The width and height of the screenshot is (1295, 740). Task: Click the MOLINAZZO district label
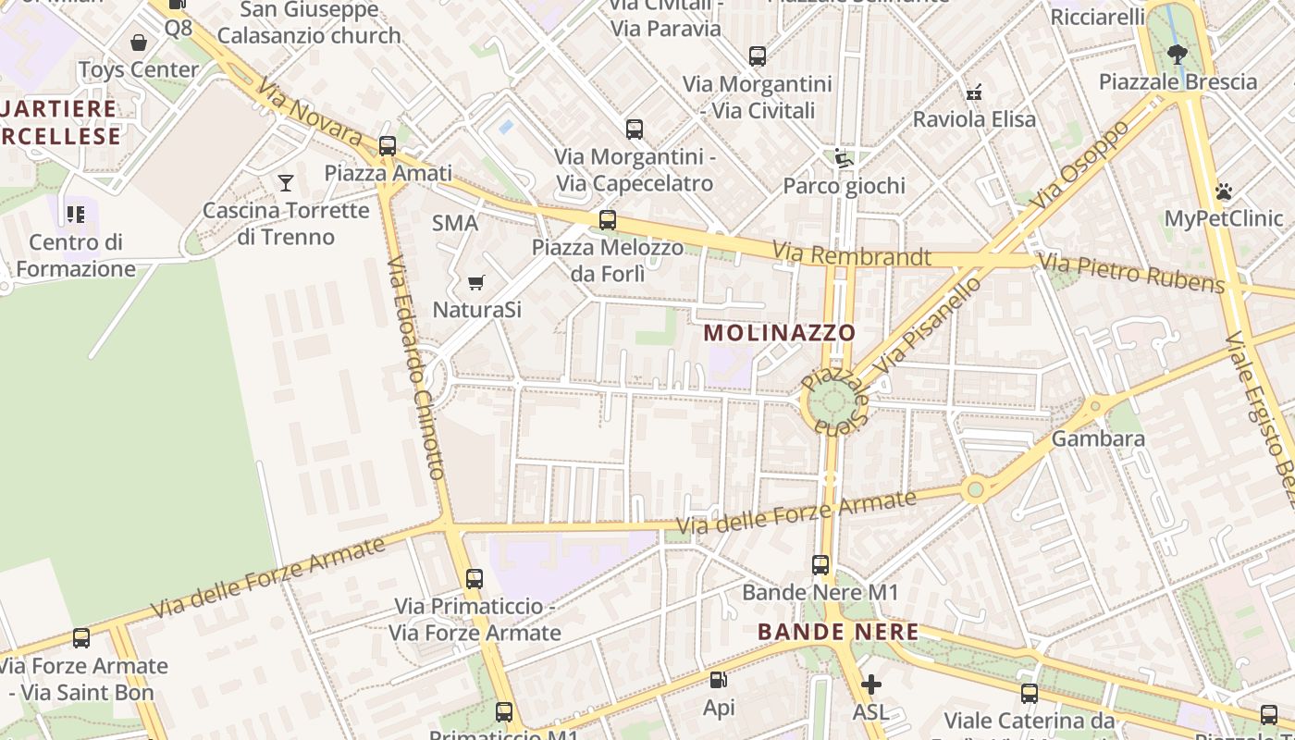780,332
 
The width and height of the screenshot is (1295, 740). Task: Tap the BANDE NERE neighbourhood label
838,632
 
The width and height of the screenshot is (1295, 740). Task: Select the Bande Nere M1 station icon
820,564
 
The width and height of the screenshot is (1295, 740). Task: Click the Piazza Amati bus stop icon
388,146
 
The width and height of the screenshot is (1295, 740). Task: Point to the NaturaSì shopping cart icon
475,282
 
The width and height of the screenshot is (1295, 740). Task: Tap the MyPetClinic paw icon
1224,191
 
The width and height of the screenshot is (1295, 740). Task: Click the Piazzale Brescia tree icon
1178,55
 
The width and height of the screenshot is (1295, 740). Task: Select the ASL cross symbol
870,684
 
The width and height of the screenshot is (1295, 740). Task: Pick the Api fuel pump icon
718,681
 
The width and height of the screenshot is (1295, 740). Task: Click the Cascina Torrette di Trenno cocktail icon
286,183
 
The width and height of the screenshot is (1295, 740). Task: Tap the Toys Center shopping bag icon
139,43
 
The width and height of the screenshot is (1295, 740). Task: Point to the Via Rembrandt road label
852,254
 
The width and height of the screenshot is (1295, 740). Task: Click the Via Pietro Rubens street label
1130,272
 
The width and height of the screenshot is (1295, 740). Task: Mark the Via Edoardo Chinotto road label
416,367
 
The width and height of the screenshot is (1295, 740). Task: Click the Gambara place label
1098,438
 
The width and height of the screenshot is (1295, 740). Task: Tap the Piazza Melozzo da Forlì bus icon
607,220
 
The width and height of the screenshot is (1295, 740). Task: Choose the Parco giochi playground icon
844,158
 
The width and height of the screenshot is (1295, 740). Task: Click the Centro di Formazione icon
76,215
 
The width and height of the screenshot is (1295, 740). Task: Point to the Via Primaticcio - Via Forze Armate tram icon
475,579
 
